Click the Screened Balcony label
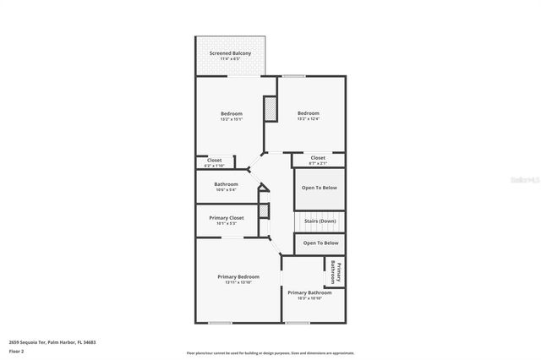pyautogui.click(x=231, y=53)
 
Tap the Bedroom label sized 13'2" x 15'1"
pyautogui.click(x=232, y=113)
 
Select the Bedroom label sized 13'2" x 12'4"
pyautogui.click(x=308, y=113)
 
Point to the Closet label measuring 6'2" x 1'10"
pyautogui.click(x=214, y=160)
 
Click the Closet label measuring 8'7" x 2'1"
pyautogui.click(x=318, y=158)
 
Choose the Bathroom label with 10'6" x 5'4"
pyautogui.click(x=226, y=183)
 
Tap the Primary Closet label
pyautogui.click(x=227, y=218)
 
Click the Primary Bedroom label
pyautogui.click(x=238, y=277)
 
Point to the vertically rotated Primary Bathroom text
pyautogui.click(x=336, y=273)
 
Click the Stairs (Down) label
pyautogui.click(x=320, y=221)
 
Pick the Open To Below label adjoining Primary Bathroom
pyautogui.click(x=320, y=243)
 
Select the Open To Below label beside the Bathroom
pyautogui.click(x=320, y=188)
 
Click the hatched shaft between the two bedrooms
pyautogui.click(x=270, y=110)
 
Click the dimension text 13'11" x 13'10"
pyautogui.click(x=238, y=283)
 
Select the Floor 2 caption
pyautogui.click(x=16, y=350)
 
